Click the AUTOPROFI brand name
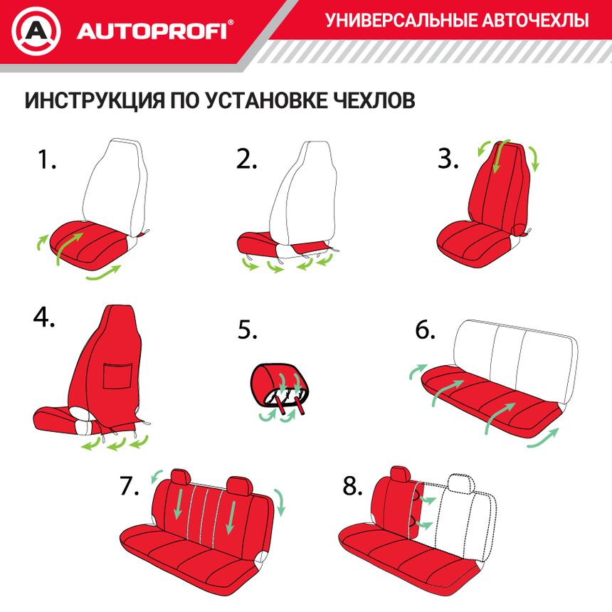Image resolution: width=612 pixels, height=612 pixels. [x=152, y=32]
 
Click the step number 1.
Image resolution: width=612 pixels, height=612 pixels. [x=46, y=159]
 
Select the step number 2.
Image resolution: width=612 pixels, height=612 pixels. [x=246, y=159]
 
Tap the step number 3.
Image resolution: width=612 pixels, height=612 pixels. [x=448, y=159]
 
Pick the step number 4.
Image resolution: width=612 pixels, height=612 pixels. [x=44, y=317]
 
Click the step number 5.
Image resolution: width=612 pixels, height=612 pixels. [x=247, y=330]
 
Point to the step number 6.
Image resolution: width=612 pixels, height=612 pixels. [x=425, y=330]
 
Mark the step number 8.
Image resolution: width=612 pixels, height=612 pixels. [x=353, y=486]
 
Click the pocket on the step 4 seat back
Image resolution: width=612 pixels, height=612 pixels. [x=117, y=375]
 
